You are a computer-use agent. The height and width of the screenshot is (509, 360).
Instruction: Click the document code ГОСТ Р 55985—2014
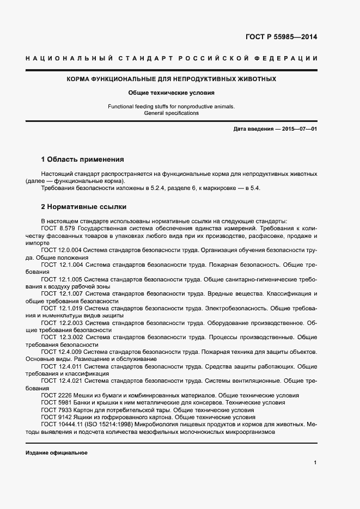282,38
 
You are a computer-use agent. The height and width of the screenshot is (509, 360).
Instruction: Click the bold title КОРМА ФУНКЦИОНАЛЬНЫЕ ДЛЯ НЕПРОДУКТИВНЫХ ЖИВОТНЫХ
172,79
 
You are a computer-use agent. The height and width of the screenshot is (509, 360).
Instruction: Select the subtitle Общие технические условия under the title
172,93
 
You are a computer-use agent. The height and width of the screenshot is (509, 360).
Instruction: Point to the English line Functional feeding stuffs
172,107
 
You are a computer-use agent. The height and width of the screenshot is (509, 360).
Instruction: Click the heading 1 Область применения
83,160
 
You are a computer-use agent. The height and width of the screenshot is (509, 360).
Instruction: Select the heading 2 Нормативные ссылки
84,207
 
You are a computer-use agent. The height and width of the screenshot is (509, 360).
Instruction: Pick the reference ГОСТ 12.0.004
63,250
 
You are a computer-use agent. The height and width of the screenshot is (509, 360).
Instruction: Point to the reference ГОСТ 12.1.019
63,308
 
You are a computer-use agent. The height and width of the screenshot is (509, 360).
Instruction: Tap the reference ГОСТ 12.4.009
63,352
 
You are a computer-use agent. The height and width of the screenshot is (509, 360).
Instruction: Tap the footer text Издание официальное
57,453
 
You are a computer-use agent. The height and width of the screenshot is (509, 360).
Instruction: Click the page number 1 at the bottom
315,462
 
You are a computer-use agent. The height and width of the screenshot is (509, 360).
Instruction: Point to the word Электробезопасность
236,308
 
